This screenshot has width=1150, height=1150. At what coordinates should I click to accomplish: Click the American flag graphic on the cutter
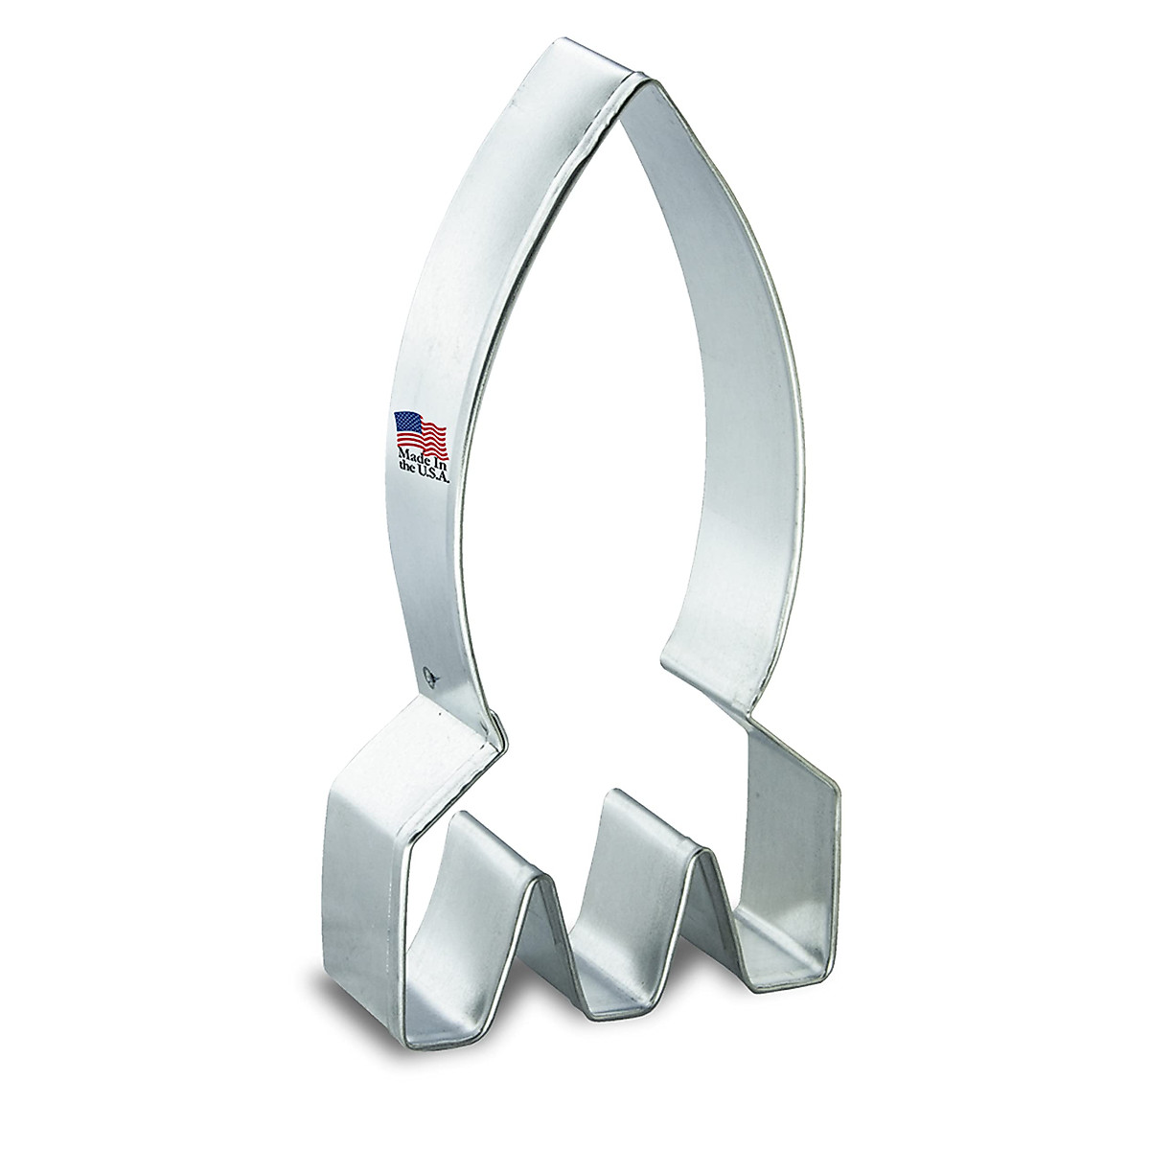[x=421, y=428]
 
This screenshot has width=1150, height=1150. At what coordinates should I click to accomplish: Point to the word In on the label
[x=438, y=452]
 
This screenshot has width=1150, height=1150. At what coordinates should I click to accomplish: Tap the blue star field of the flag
[x=407, y=422]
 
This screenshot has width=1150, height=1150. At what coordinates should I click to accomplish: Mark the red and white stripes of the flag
[x=431, y=433]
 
